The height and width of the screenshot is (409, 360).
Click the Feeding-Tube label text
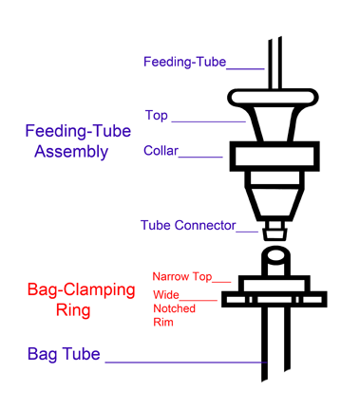(x=184, y=63)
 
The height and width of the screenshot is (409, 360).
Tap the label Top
(x=156, y=116)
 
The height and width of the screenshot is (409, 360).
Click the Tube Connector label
(x=187, y=226)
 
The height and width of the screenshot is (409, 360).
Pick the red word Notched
(x=174, y=308)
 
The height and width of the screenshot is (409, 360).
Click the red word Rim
(x=163, y=322)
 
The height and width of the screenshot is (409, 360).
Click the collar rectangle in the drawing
(x=274, y=155)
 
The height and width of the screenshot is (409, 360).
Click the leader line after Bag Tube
(x=185, y=363)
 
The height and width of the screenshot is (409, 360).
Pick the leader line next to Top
(x=209, y=121)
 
